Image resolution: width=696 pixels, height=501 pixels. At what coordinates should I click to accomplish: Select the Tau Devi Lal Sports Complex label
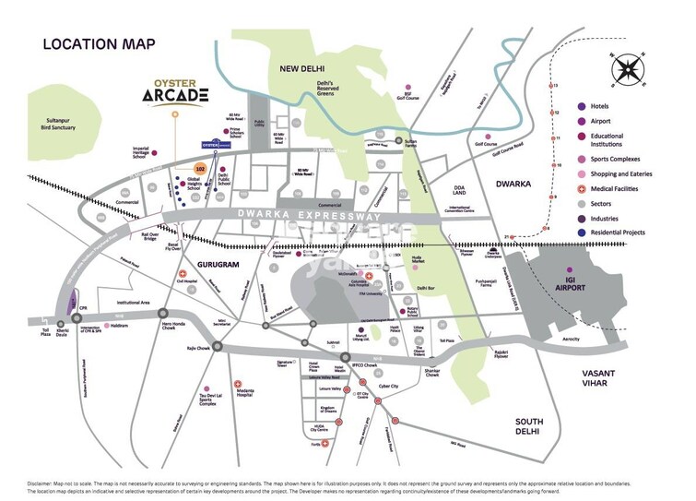click(x=206, y=397)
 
